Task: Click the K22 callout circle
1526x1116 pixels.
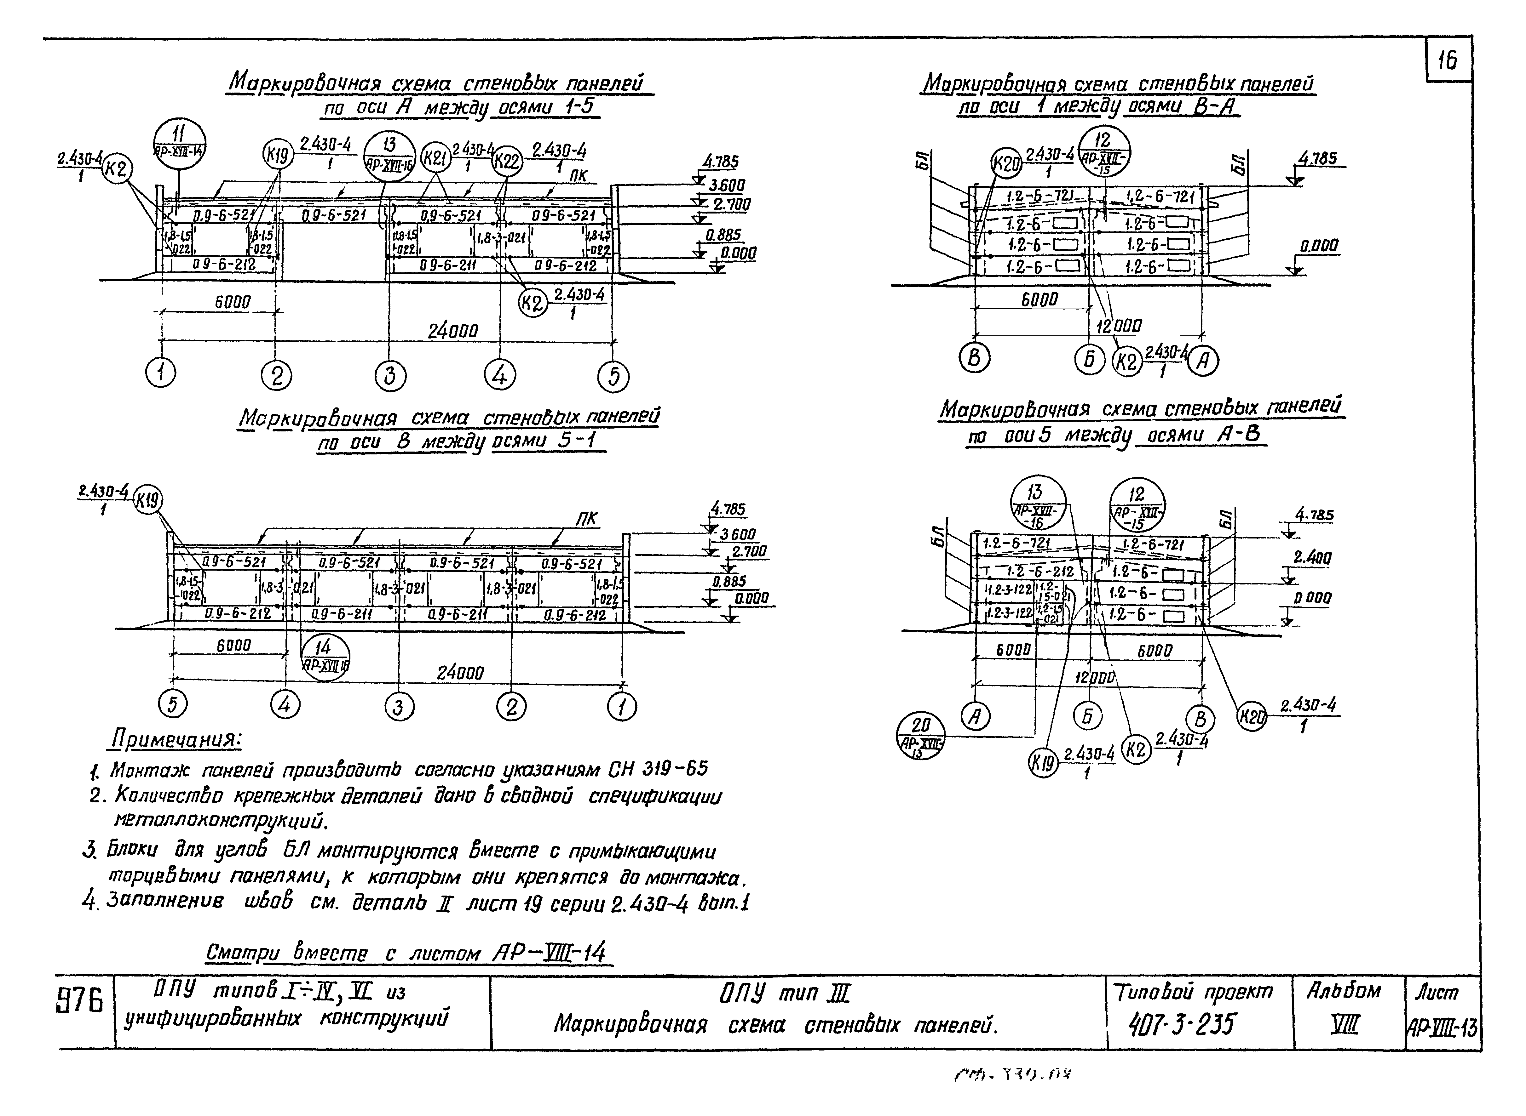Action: tap(506, 162)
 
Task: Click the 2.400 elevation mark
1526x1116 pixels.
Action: tap(1312, 558)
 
